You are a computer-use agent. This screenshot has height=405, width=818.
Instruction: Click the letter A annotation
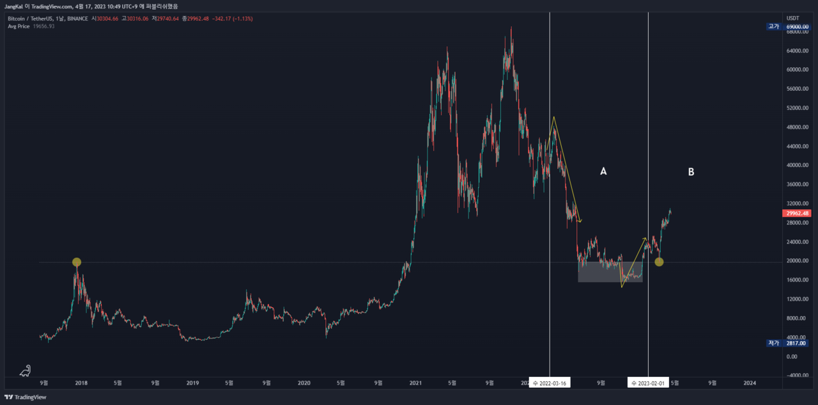click(603, 171)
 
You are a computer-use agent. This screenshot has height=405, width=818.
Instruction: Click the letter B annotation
click(691, 171)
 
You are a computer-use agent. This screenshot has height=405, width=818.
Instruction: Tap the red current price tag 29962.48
click(797, 213)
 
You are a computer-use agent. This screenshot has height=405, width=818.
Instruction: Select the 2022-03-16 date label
click(550, 383)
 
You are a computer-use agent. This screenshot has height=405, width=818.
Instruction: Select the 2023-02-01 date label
click(648, 383)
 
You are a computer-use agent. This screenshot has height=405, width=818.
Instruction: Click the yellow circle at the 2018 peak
click(77, 262)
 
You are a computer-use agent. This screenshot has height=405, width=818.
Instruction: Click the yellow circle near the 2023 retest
click(659, 262)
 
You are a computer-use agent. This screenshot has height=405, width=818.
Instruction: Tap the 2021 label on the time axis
click(415, 383)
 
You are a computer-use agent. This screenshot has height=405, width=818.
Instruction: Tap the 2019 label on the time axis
click(193, 383)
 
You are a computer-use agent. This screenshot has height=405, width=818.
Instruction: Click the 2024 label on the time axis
click(750, 383)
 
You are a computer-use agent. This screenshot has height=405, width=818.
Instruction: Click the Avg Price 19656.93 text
click(36, 26)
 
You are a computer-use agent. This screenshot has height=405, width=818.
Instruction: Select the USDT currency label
click(792, 18)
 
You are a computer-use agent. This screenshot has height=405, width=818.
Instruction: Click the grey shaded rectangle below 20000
click(610, 272)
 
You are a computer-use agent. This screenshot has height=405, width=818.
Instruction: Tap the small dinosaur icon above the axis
click(25, 370)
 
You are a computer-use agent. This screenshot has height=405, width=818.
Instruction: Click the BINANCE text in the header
click(77, 19)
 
